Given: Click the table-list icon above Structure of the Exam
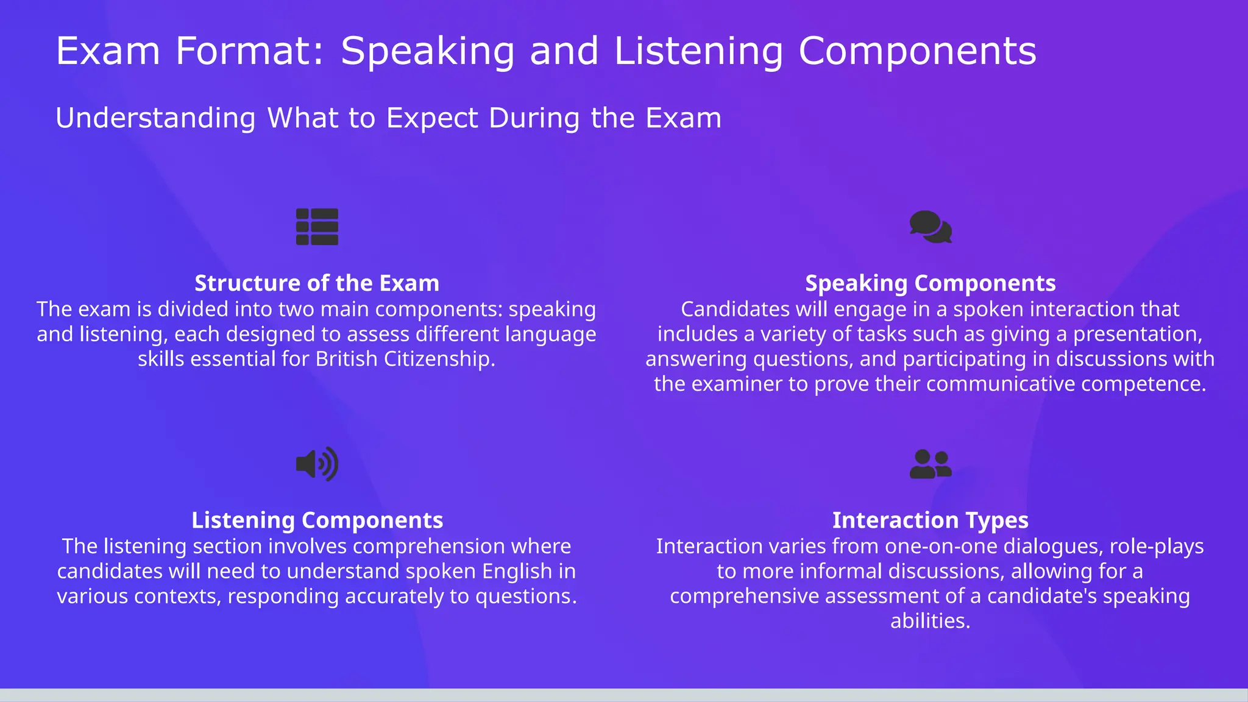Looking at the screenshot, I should [317, 227].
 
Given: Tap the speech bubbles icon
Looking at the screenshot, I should [931, 227].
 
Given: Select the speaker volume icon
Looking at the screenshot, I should [317, 464].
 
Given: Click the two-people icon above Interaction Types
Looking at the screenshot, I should [931, 464].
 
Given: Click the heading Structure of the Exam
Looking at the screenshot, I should [317, 283].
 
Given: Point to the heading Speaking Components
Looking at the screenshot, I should [931, 283].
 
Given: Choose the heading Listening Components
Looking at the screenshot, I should [317, 520].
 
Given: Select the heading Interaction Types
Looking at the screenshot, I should [931, 520].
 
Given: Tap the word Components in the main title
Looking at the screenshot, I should [917, 51].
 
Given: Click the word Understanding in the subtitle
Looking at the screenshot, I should [155, 118].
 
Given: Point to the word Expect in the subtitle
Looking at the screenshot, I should [432, 118].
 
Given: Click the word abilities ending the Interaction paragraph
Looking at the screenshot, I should [930, 621].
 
